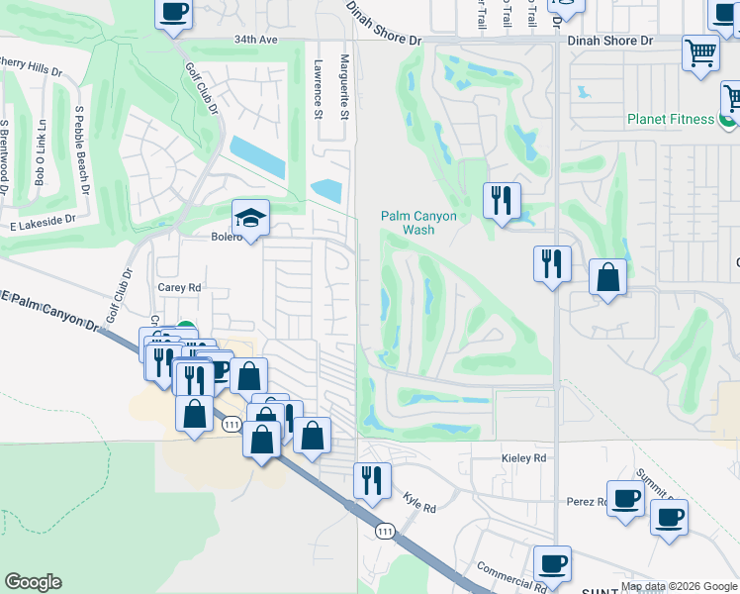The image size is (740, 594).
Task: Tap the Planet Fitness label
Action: tap(670, 120)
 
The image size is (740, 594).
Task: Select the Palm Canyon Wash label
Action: tap(419, 223)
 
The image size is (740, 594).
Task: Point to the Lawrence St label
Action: tap(318, 89)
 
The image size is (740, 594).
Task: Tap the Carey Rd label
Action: tap(179, 287)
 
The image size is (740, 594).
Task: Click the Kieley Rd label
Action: tap(524, 458)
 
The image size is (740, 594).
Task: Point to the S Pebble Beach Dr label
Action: tap(81, 150)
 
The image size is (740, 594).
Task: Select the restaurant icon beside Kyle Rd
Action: tap(371, 481)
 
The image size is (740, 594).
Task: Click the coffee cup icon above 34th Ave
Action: tap(174, 13)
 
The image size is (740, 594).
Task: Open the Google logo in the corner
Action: tap(33, 582)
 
